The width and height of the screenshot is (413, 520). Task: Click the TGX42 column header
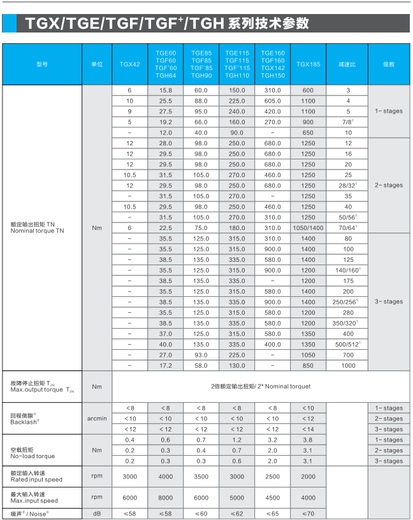pyautogui.click(x=129, y=64)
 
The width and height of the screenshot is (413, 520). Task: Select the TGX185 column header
pyautogui.click(x=308, y=64)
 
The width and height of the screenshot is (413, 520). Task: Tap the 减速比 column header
pyautogui.click(x=348, y=64)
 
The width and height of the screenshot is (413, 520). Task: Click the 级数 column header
pyautogui.click(x=389, y=64)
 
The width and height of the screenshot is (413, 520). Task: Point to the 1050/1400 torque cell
pyautogui.click(x=308, y=227)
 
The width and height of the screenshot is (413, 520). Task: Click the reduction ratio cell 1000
pyautogui.click(x=348, y=365)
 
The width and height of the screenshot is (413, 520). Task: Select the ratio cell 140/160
pyautogui.click(x=348, y=270)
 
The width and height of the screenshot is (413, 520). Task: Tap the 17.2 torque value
pyautogui.click(x=166, y=365)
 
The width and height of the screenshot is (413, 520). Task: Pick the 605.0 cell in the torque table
pyautogui.click(x=272, y=101)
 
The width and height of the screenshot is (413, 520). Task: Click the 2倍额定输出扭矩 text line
pyautogui.click(x=261, y=386)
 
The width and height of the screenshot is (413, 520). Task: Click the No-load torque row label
pyautogui.click(x=33, y=456)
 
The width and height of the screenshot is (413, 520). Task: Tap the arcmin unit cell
pyautogui.click(x=97, y=419)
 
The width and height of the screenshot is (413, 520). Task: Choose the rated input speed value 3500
pyautogui.click(x=201, y=477)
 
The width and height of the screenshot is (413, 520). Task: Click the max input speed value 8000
pyautogui.click(x=166, y=498)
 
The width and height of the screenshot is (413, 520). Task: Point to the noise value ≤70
pyautogui.click(x=308, y=513)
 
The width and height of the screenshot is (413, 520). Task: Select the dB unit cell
pyautogui.click(x=97, y=513)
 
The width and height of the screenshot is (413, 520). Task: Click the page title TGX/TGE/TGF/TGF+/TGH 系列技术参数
pyautogui.click(x=167, y=24)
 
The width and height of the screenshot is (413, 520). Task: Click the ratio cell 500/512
pyautogui.click(x=348, y=344)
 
